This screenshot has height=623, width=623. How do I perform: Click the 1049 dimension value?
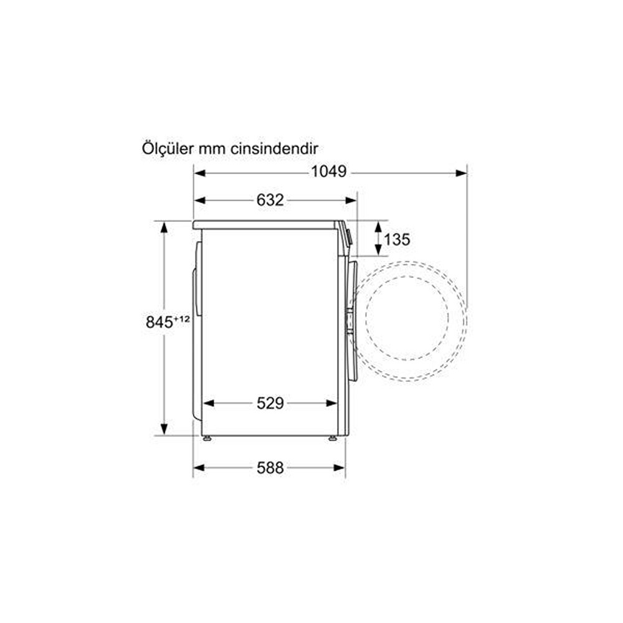tap(328, 172)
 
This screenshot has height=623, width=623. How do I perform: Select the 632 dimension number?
tap(270, 200)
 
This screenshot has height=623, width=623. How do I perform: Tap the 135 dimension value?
tap(396, 240)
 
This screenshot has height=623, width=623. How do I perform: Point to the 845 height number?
tap(159, 322)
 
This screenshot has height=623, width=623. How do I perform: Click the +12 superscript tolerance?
tap(182, 318)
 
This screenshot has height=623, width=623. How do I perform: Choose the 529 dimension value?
tap(270, 404)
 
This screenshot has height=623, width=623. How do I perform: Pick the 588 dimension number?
tap(270, 468)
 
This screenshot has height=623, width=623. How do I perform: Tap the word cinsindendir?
tap(275, 149)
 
